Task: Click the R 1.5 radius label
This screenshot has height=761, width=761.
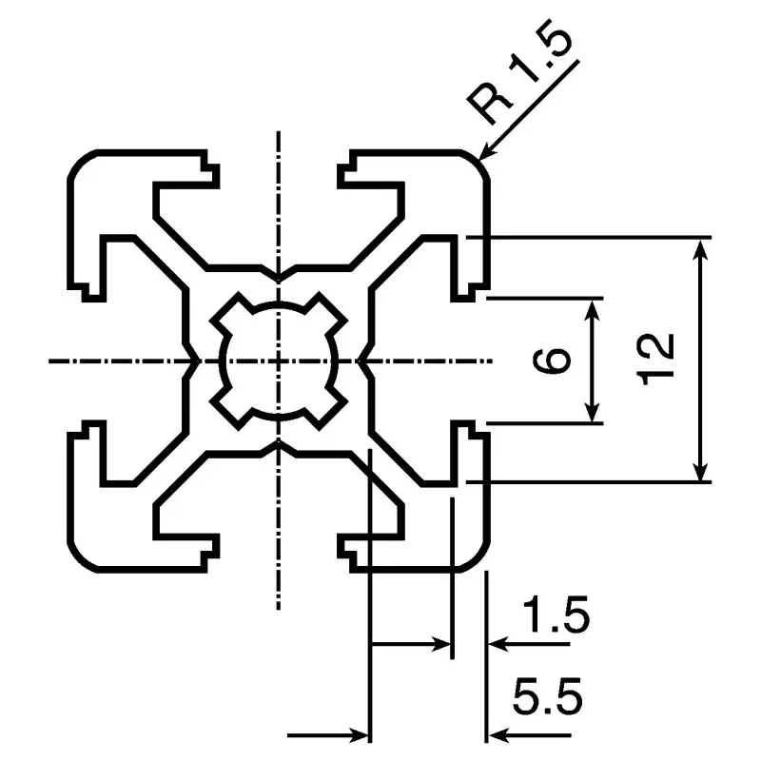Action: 519,72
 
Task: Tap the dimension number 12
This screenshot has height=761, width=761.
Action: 656,360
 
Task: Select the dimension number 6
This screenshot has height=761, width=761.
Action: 551,361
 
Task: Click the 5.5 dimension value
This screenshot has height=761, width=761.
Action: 548,697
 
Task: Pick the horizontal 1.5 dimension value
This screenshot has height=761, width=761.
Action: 556,615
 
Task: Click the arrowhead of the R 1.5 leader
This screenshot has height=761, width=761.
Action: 487,150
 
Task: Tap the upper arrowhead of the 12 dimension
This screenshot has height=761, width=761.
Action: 699,249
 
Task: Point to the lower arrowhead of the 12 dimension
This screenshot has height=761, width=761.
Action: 699,470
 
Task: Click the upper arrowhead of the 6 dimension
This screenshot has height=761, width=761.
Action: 591,309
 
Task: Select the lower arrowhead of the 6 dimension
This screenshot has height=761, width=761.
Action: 591,412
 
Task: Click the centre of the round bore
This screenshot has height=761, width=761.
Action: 278,361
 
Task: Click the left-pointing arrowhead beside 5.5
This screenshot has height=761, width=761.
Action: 498,735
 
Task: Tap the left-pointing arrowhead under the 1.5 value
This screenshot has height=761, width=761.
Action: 498,644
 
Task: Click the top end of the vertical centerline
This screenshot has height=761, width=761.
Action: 278,131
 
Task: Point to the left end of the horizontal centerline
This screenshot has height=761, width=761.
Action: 49,361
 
